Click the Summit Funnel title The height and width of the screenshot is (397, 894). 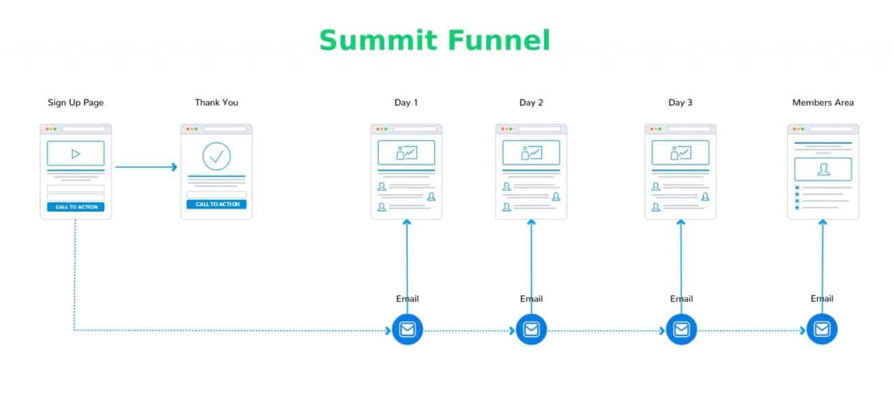434,41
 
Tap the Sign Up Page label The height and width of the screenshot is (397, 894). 75,103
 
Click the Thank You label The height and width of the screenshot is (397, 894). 217,103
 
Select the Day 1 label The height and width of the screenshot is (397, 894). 406,103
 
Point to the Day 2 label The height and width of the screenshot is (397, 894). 531,103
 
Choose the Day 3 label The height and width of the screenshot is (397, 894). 680,103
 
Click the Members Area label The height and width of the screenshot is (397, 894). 823,103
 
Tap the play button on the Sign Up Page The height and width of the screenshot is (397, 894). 75,154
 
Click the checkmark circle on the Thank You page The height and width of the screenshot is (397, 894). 217,157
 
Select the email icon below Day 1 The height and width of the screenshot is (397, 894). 407,329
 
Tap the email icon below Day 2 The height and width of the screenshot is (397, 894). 532,329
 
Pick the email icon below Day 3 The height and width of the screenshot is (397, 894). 682,329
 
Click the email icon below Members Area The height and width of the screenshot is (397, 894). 822,329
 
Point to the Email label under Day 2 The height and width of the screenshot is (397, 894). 532,298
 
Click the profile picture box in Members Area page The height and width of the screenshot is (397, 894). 823,169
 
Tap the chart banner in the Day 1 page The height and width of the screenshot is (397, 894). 406,152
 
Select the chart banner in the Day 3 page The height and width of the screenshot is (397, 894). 680,152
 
